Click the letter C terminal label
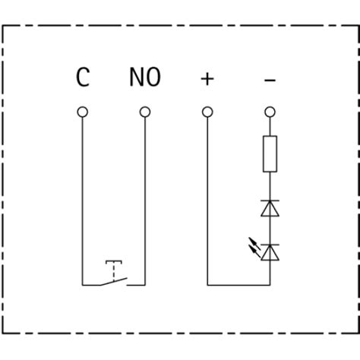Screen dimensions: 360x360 (83, 77)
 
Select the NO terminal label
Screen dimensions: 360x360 (144, 77)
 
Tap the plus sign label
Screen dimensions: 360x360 (207, 77)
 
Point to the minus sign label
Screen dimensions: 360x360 (269, 77)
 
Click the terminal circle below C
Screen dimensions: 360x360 (83, 112)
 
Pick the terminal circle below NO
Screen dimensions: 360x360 (144, 112)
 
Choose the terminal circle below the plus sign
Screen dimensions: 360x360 (207, 112)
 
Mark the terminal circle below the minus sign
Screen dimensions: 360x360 (269, 112)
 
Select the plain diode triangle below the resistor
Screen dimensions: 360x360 (269, 208)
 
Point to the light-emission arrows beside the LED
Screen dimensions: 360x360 (254, 245)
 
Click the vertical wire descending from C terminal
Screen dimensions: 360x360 (83, 197)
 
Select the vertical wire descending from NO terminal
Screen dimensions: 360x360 (144, 197)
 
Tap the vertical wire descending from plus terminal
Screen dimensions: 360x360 (207, 197)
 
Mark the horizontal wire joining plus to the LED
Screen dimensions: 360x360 (237, 285)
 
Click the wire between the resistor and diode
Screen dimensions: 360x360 (269, 184)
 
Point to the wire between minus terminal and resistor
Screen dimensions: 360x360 (269, 127)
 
